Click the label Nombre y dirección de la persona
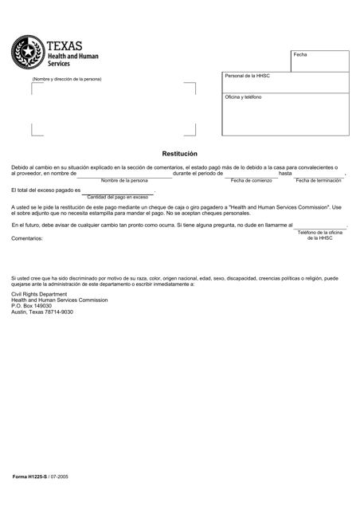[x=66, y=79]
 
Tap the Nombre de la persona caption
[x=124, y=181]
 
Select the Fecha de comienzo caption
[x=251, y=181]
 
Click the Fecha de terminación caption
[x=319, y=181]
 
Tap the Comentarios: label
[x=27, y=239]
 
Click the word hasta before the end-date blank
[x=284, y=174]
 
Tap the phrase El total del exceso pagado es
[x=45, y=190]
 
